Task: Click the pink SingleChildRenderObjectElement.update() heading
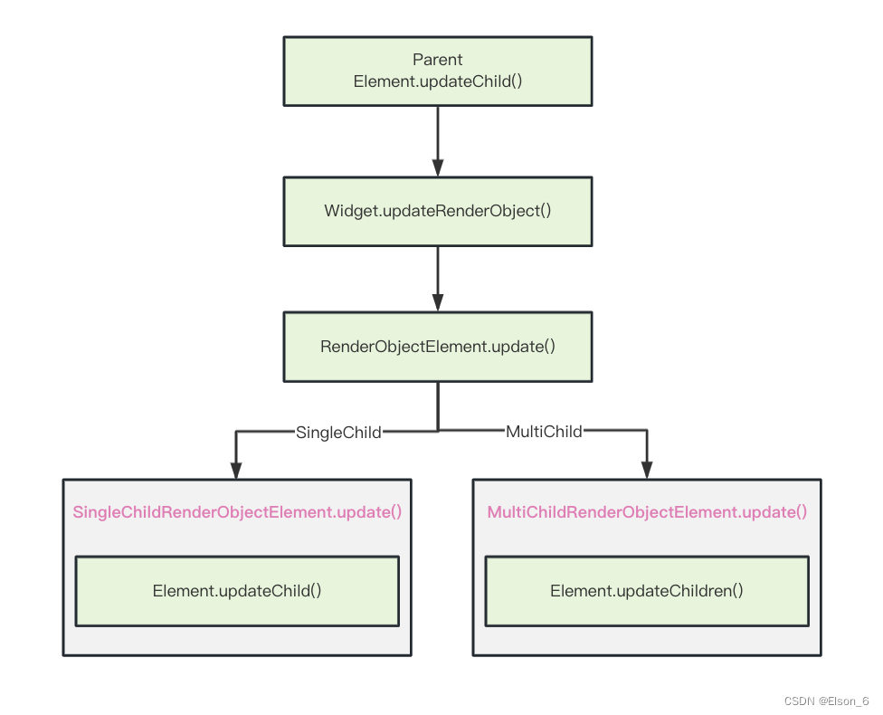coord(237,512)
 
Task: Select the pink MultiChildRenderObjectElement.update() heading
coord(647,512)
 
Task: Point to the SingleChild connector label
coord(338,433)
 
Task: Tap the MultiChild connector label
coord(544,432)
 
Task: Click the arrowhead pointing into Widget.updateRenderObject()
coord(438,168)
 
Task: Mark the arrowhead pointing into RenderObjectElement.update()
coord(438,303)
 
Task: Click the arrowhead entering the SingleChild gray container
coord(236,470)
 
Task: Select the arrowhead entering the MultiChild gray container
coord(647,470)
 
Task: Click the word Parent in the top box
coord(438,60)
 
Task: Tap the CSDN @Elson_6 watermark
coord(826,701)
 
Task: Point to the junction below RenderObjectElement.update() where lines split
coord(438,431)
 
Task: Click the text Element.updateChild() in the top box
coord(438,81)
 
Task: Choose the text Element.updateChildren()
coord(646,591)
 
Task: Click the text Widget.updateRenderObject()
coord(438,211)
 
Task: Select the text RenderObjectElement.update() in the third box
coord(438,347)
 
